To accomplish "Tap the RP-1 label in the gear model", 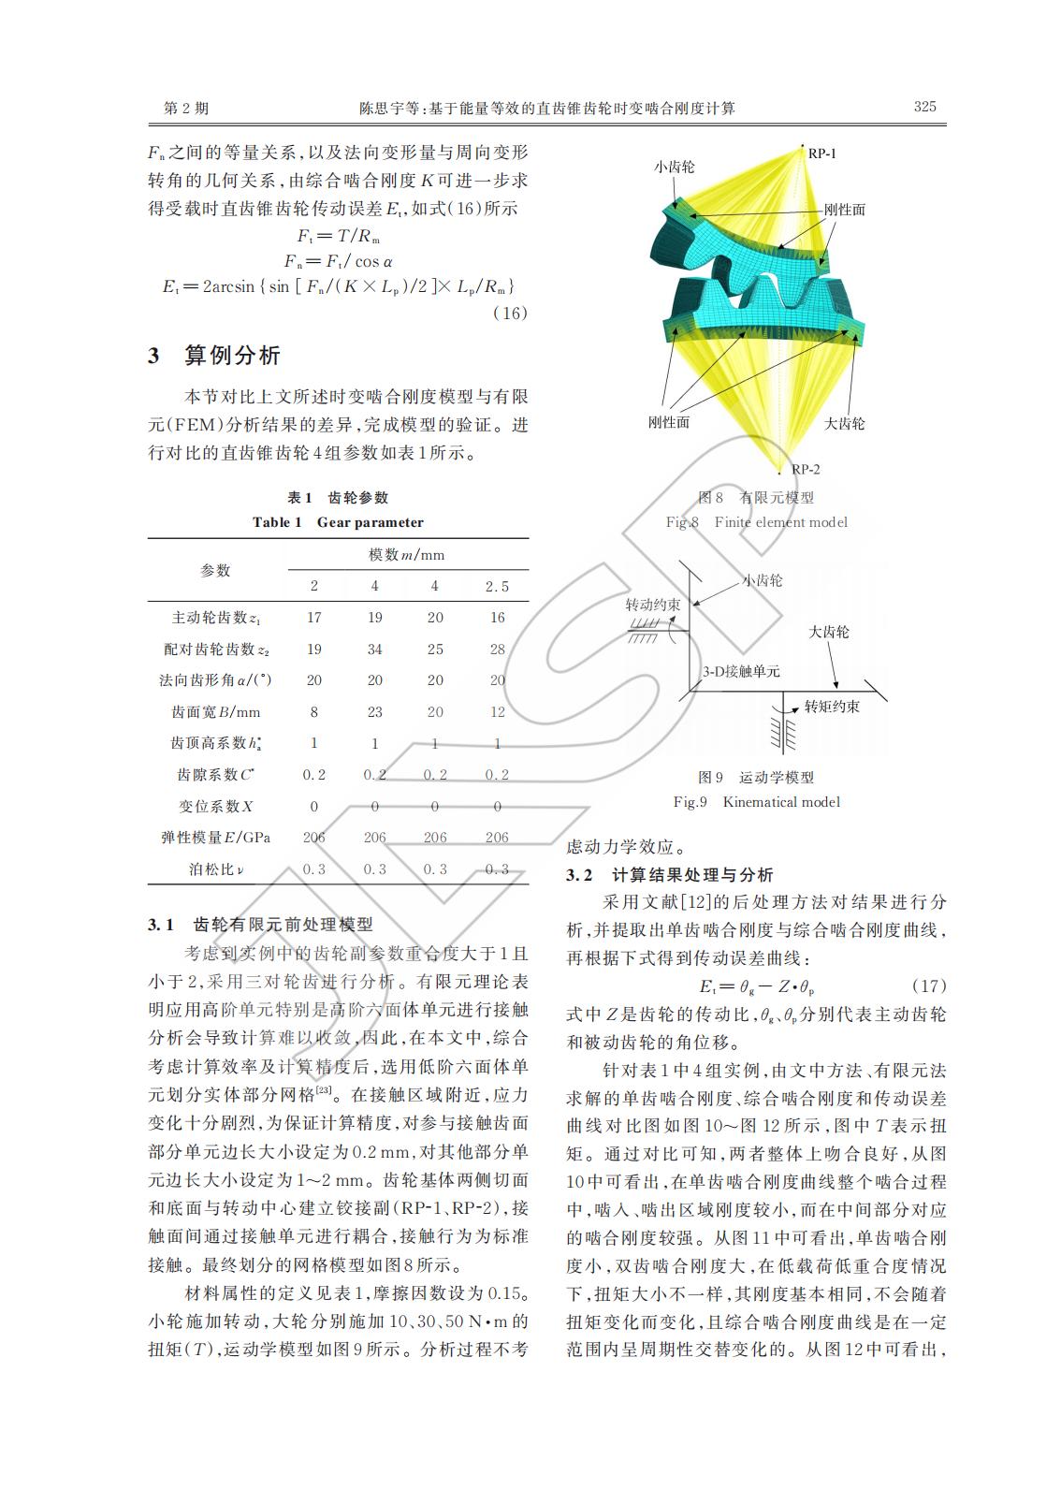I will click(822, 153).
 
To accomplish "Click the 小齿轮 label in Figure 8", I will click(674, 166).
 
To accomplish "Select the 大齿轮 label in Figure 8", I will click(844, 423).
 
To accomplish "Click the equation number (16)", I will click(510, 313).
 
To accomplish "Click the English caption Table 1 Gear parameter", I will click(338, 522).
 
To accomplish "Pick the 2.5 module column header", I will click(497, 586).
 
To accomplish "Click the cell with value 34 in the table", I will click(374, 649).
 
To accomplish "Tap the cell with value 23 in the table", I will click(374, 712).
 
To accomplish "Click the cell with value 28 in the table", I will click(497, 649).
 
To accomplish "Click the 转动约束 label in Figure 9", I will click(653, 605).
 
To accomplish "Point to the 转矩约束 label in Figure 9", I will click(832, 707).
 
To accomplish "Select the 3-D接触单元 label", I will click(741, 671).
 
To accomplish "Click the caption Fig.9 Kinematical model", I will click(757, 802).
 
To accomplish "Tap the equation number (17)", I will click(928, 986).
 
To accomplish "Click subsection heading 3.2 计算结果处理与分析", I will click(670, 875).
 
